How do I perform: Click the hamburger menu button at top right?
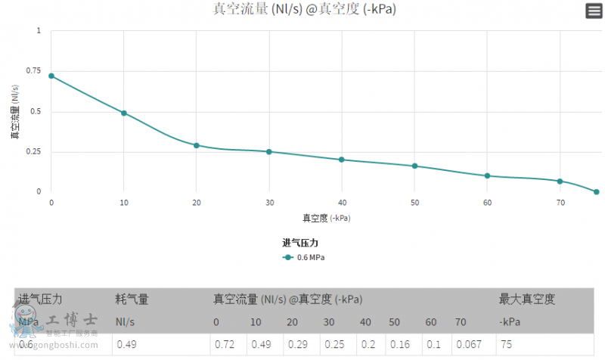[x=593, y=11]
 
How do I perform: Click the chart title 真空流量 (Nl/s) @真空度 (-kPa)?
[x=305, y=10]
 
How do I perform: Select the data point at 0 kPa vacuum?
[x=51, y=76]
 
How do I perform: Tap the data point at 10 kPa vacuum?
[x=124, y=113]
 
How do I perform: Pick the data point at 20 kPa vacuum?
[x=197, y=145]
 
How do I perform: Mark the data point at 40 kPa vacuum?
[x=342, y=160]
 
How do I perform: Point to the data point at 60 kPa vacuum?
[x=487, y=175]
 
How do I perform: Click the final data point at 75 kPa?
[x=597, y=191]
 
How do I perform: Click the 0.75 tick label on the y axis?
[x=33, y=71]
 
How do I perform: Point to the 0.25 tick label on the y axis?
[x=33, y=151]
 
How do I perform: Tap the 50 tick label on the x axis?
[x=414, y=203]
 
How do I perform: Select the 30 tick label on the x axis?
[x=269, y=203]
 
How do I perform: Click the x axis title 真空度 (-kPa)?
[x=327, y=218]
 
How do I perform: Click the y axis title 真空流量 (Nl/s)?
[x=15, y=112]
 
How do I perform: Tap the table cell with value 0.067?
[x=469, y=345]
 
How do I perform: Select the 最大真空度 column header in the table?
[x=527, y=299]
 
